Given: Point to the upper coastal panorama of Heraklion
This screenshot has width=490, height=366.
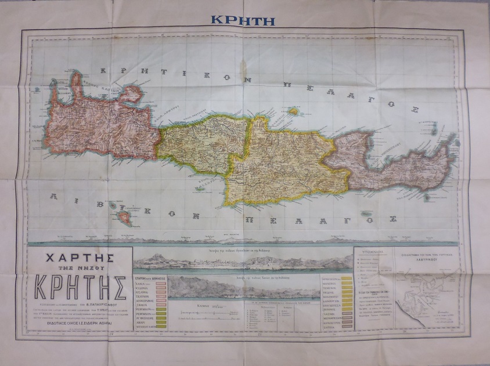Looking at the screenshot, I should (243, 260).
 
